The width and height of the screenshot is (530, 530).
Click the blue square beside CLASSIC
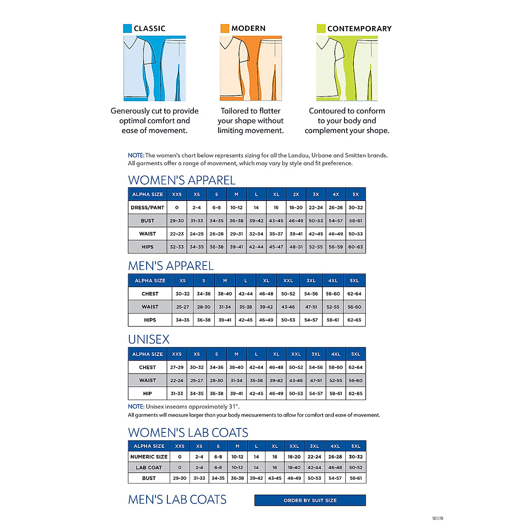point(127,28)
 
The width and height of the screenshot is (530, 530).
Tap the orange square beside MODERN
point(225,28)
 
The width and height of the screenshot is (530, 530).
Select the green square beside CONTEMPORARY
point(321,28)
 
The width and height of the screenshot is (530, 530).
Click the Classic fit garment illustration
point(155,68)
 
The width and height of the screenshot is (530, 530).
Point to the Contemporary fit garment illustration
point(347,68)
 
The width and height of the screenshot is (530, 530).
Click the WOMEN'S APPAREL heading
point(182,180)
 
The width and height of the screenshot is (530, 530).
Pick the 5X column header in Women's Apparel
point(356,194)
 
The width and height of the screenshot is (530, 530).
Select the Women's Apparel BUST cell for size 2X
point(296,221)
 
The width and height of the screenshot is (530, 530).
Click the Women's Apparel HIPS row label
point(148,247)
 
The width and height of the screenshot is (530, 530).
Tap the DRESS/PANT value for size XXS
point(177,208)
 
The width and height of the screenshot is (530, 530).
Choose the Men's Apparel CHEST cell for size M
point(225,294)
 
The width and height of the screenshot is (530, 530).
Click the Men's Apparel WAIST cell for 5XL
point(354,307)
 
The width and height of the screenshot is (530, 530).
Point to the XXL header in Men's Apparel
point(288,280)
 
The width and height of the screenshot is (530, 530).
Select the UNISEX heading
point(149,339)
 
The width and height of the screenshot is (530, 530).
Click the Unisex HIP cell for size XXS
point(177,394)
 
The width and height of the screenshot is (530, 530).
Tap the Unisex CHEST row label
point(148,367)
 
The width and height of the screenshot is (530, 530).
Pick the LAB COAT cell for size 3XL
point(314,467)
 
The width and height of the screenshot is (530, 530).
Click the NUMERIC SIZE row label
point(149,457)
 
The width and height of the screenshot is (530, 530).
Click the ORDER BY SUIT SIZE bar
point(310,500)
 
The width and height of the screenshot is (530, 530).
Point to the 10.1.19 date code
point(437,519)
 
